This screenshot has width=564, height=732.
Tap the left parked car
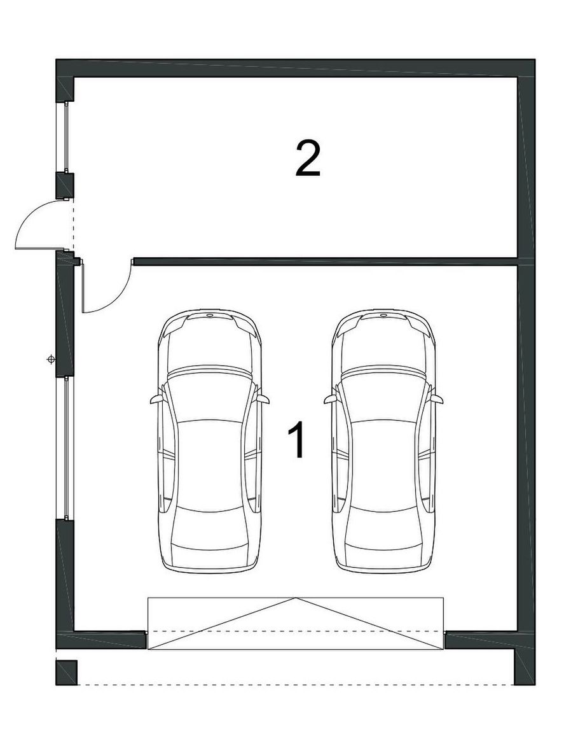[210, 439]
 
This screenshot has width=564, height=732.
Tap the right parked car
[383, 439]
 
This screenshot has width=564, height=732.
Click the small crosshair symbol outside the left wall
[51, 360]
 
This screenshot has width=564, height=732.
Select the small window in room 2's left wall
[65, 137]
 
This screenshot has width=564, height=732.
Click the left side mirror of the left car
[156, 400]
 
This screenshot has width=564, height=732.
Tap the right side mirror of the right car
[437, 400]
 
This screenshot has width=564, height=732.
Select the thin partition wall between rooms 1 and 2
[324, 261]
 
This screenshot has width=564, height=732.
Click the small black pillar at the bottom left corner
[66, 672]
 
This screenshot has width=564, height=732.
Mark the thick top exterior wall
[296, 68]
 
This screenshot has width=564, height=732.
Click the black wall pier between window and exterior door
[65, 185]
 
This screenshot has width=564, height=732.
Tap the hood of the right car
[383, 344]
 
